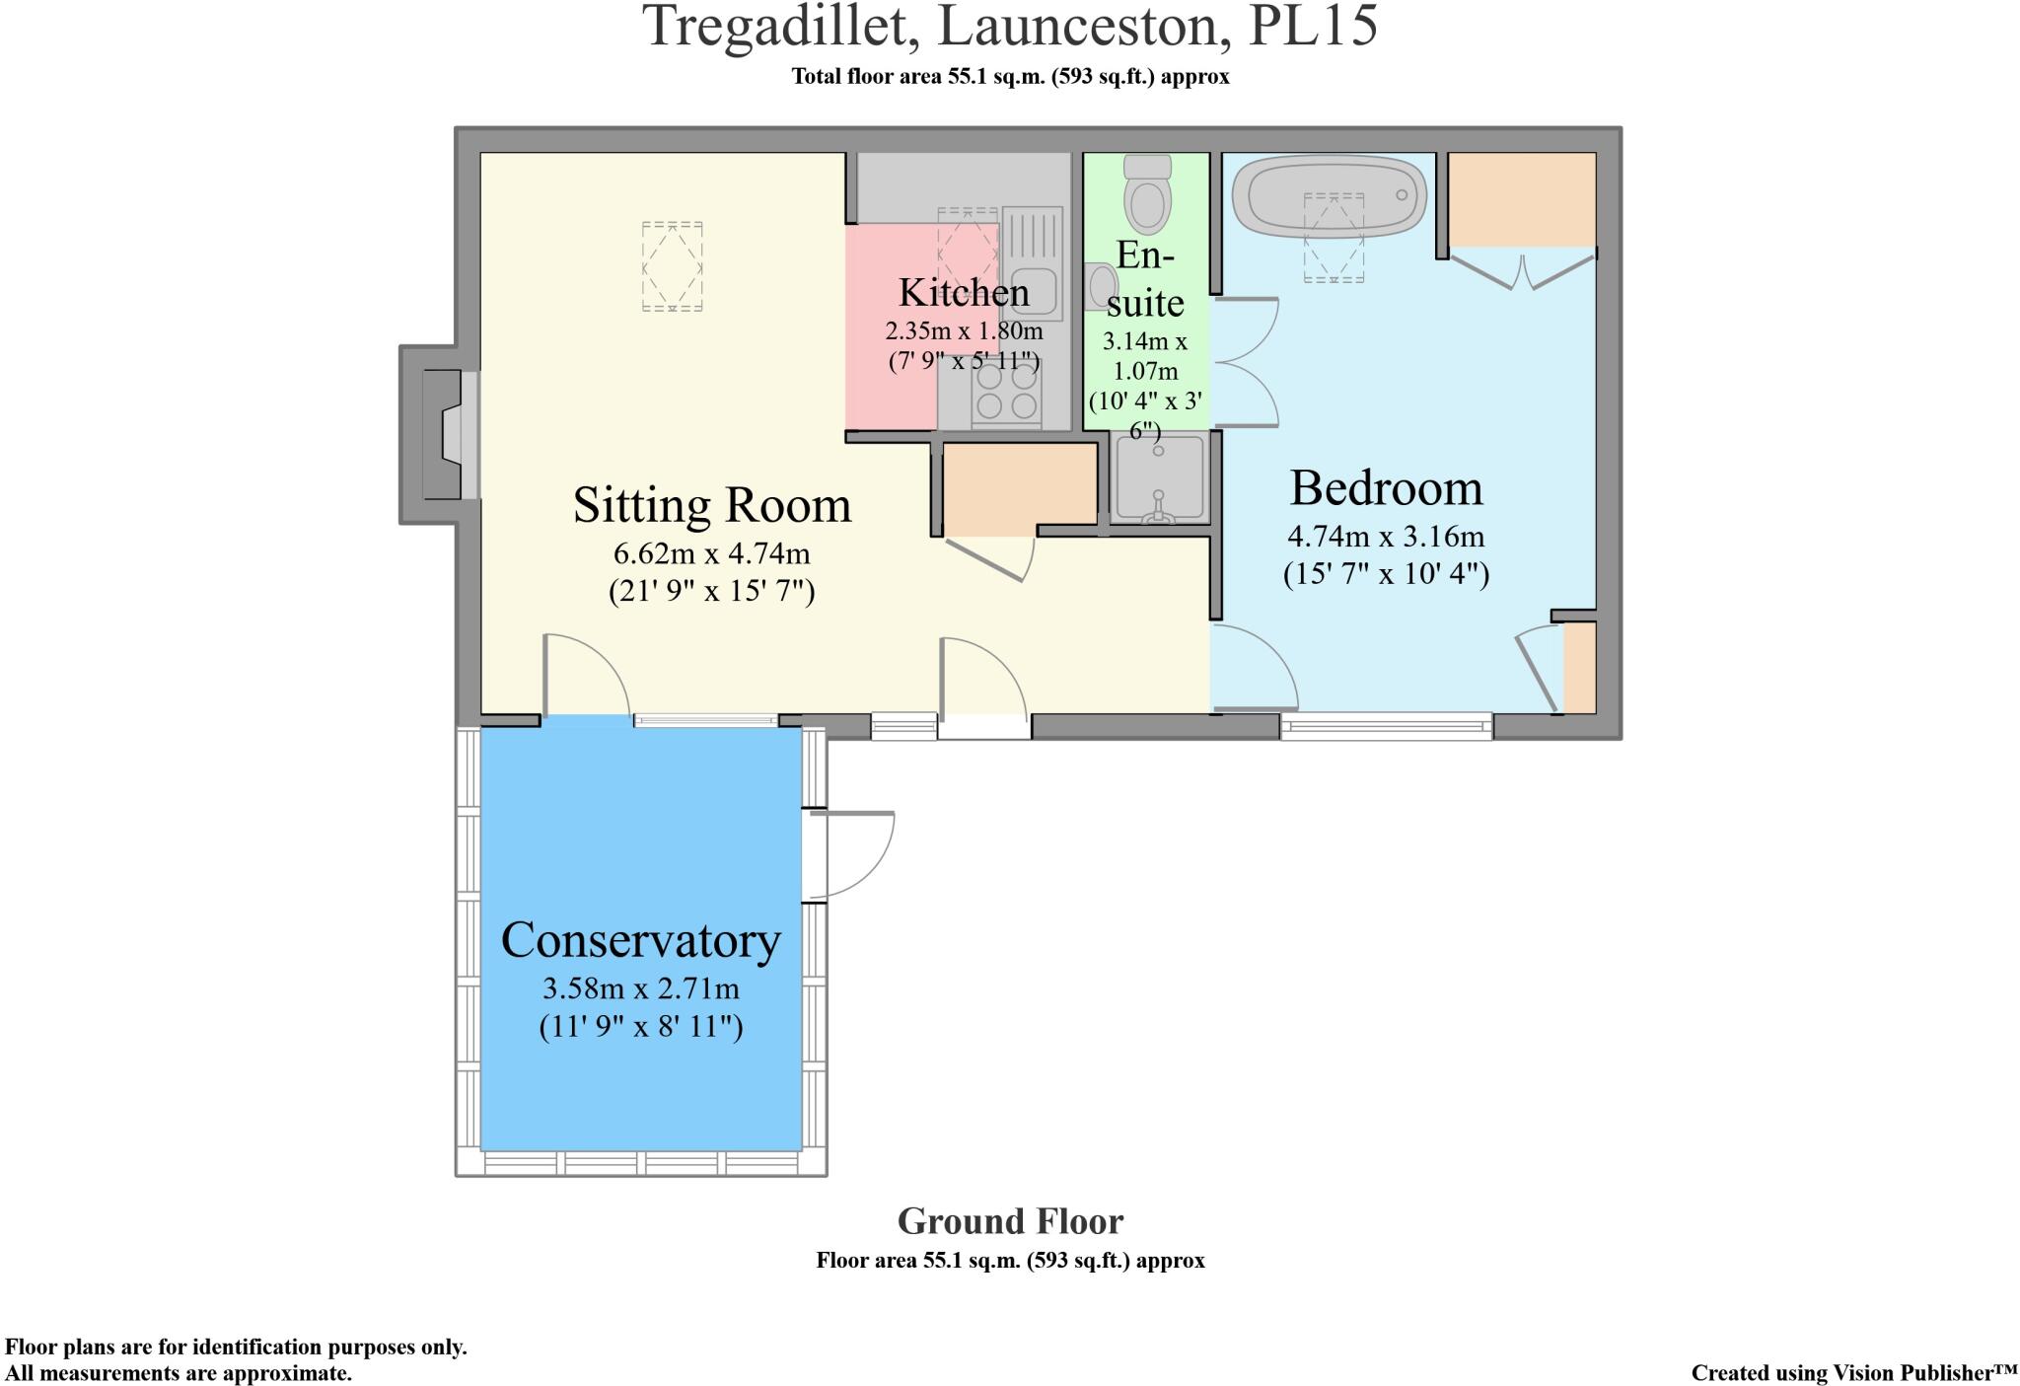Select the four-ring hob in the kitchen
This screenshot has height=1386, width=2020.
click(1006, 392)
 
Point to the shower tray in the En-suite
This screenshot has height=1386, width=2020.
click(1159, 478)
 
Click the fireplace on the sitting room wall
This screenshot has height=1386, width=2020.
click(441, 434)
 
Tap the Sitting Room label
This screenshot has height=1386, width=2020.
click(712, 505)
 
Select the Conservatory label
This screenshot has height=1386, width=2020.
click(641, 940)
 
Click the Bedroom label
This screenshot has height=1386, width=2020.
click(1386, 487)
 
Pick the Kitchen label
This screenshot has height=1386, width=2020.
click(964, 292)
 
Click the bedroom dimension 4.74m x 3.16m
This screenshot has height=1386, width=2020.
click(1386, 537)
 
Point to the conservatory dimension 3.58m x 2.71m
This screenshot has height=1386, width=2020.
click(641, 988)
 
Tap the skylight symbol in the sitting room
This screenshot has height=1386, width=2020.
click(673, 266)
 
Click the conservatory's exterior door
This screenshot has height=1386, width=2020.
click(848, 854)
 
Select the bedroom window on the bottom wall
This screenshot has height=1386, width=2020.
click(1387, 726)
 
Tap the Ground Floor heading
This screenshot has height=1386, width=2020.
click(1010, 1222)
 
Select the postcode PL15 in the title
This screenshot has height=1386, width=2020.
click(1313, 26)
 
